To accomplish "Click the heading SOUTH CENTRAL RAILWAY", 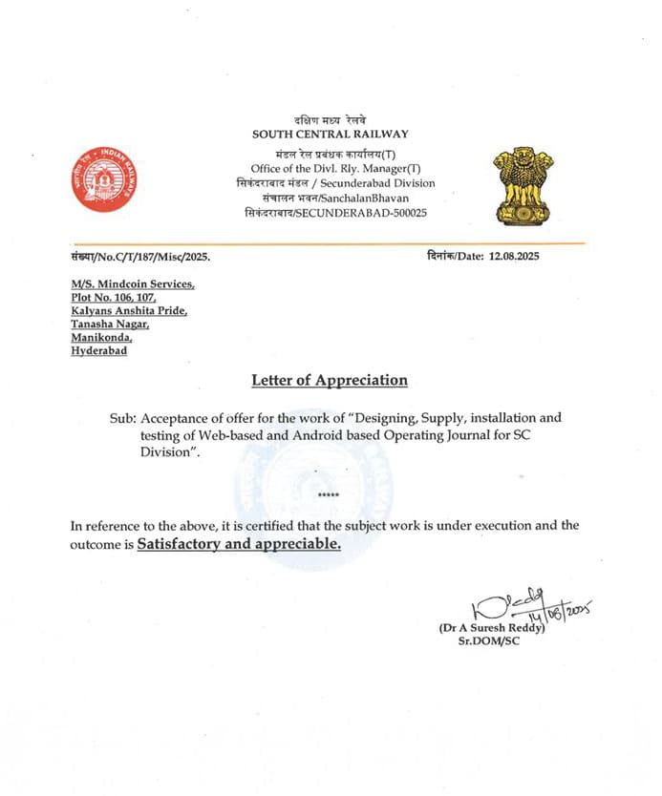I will coord(330,135).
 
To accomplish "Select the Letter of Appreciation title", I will coord(330,380).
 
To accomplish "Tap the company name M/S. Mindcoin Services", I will coord(133,284).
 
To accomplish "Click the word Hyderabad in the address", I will coord(98,351).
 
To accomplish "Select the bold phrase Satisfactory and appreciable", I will coord(239,544).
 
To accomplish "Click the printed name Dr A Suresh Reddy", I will coord(491,628).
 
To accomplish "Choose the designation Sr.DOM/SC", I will coord(487,641).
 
